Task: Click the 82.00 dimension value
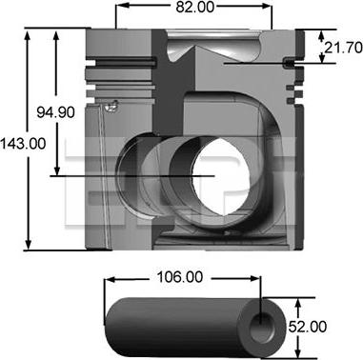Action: (x=195, y=8)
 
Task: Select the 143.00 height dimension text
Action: (x=23, y=144)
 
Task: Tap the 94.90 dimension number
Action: (x=56, y=112)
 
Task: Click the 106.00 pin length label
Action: (x=180, y=277)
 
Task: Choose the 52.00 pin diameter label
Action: (x=308, y=327)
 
